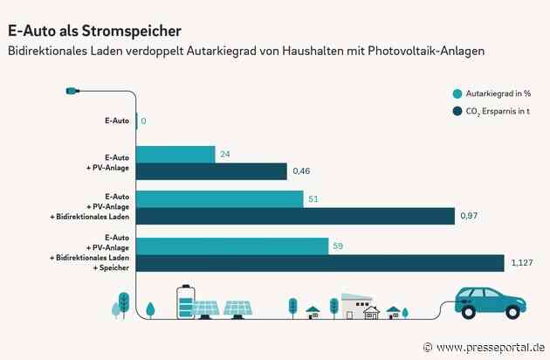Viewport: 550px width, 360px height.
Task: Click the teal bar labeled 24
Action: (175, 155)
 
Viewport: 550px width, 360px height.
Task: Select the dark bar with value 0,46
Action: (212, 171)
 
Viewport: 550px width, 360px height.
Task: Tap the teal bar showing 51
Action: (220, 199)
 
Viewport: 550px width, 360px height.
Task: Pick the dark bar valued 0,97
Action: (296, 216)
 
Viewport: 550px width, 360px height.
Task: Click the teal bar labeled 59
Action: (232, 246)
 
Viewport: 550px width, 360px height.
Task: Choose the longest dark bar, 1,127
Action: (320, 263)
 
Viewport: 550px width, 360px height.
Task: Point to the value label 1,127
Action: (522, 263)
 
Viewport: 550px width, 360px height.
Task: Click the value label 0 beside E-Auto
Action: (143, 121)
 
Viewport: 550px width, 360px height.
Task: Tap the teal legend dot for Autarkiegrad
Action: (457, 94)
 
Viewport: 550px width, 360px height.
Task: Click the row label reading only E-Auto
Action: (117, 121)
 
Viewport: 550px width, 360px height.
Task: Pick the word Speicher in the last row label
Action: (117, 269)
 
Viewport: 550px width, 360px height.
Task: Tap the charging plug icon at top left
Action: (72, 90)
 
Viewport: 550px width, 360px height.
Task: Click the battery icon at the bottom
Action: (184, 299)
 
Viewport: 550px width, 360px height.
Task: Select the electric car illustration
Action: (492, 302)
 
